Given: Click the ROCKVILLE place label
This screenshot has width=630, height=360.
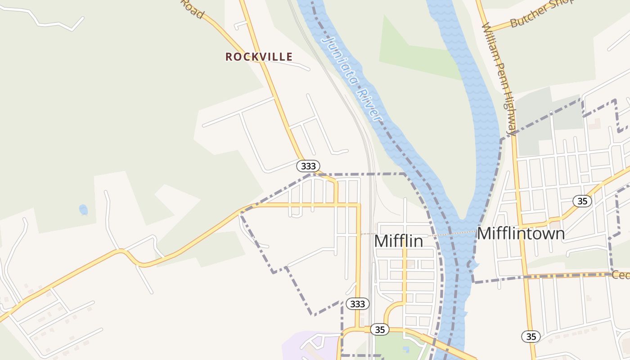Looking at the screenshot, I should point(259,57).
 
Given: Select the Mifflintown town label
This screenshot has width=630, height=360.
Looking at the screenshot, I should point(521,234).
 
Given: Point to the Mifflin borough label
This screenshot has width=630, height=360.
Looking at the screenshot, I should point(398,241).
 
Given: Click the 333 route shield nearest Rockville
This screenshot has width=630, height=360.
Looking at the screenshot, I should point(308,166).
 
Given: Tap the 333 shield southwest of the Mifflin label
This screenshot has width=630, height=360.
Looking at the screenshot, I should point(358,304).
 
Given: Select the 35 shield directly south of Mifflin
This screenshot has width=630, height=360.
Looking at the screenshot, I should point(380,329).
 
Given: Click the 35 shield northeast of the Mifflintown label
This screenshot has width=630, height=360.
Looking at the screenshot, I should point(582,201).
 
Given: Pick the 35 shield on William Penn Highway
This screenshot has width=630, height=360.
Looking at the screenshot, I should point(531,336).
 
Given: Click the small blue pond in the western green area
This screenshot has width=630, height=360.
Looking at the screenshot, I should point(83,209).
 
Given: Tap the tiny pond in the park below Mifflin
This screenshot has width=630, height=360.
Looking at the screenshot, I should point(407,349).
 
